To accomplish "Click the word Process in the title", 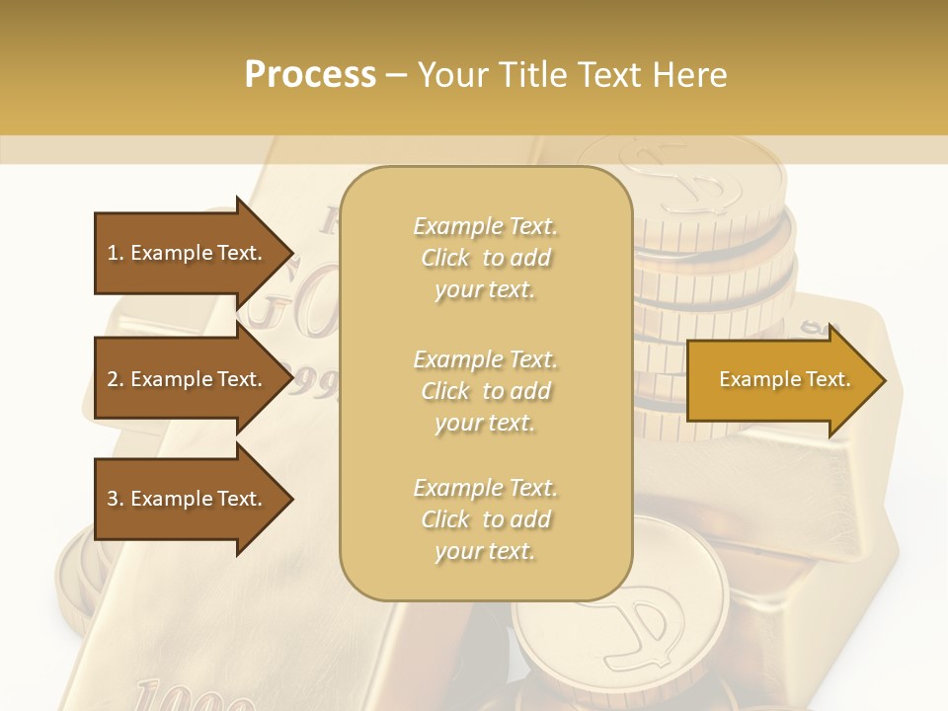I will (x=310, y=75).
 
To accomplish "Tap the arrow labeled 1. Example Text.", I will (x=188, y=253).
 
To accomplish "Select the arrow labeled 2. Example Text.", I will (x=188, y=379).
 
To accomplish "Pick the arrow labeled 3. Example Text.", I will (x=188, y=499).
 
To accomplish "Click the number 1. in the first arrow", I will (x=116, y=253).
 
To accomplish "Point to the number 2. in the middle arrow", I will (x=116, y=379).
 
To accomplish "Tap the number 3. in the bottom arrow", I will (x=116, y=499).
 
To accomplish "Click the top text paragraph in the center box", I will (x=485, y=258).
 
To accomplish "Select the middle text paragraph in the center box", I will (x=485, y=391).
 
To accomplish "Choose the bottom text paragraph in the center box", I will (x=485, y=519).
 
